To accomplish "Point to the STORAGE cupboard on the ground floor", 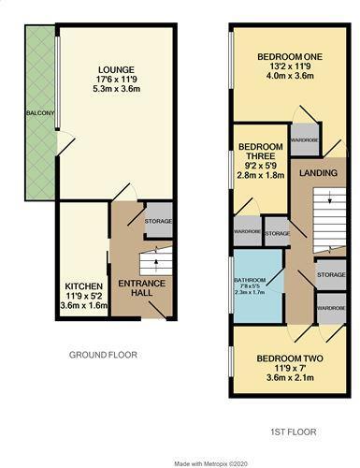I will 158,221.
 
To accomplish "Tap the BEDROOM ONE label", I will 289,57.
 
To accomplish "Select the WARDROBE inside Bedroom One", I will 305,140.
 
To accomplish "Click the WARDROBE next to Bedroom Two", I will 330,307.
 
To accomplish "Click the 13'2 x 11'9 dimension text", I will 289,68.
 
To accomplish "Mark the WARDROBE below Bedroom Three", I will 246,232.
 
